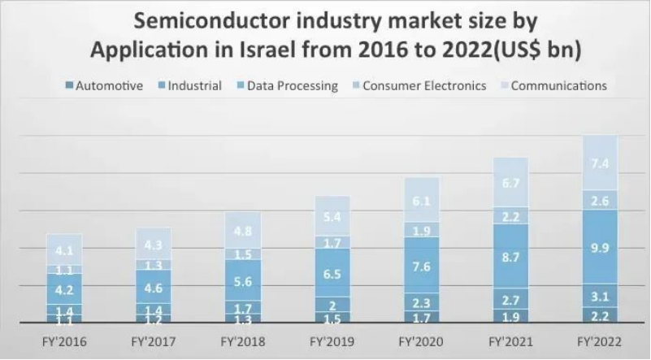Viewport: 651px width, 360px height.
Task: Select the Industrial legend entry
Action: (194, 85)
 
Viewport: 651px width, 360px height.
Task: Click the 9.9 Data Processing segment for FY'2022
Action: (600, 247)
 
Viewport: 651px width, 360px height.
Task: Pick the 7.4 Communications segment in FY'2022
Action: (600, 163)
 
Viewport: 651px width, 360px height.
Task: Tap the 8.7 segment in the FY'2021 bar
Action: (510, 256)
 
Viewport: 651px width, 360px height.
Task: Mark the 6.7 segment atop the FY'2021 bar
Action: (510, 183)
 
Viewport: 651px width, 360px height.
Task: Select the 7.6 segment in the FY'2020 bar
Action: (421, 265)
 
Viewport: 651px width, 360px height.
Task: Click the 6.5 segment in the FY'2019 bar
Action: (332, 274)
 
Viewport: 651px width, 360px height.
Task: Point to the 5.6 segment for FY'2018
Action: (242, 281)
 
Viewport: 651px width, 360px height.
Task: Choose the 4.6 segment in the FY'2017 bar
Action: (153, 287)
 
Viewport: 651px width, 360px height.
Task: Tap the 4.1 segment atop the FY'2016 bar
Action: (64, 250)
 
